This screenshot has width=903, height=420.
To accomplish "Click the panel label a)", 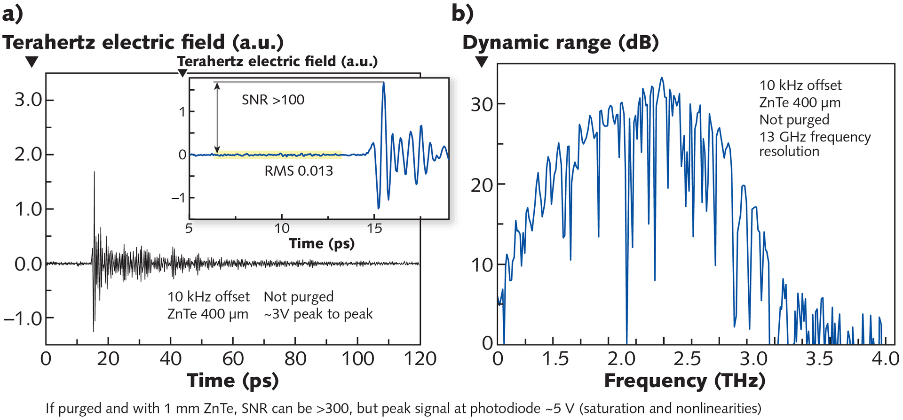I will pos(12,14).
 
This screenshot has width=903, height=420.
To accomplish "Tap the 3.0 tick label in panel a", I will pos(28,100).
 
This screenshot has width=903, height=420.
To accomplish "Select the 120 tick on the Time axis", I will pos(420,359).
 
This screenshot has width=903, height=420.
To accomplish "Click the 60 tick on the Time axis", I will pos(233,359).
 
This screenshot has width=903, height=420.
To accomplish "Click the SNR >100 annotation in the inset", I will pos(273,100).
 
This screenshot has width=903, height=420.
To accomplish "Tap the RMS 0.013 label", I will pos(299,171).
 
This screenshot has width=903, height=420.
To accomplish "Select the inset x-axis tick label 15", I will pos(374,229).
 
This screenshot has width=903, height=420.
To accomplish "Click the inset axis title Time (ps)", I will pos(322,243).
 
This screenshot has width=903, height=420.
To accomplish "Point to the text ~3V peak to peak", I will pos(318,314).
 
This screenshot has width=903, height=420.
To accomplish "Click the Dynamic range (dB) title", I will pos(560,43).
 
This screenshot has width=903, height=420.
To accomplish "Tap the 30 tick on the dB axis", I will pos(482,104).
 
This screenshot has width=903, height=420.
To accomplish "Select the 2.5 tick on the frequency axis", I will pos(687,359).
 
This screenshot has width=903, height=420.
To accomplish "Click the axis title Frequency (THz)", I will pos(684,381).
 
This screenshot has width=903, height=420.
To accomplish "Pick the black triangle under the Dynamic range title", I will pos(482,62).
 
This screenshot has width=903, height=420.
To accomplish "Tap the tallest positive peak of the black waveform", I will pos(94,173).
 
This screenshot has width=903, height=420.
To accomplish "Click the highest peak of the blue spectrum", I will pos(662,78).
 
